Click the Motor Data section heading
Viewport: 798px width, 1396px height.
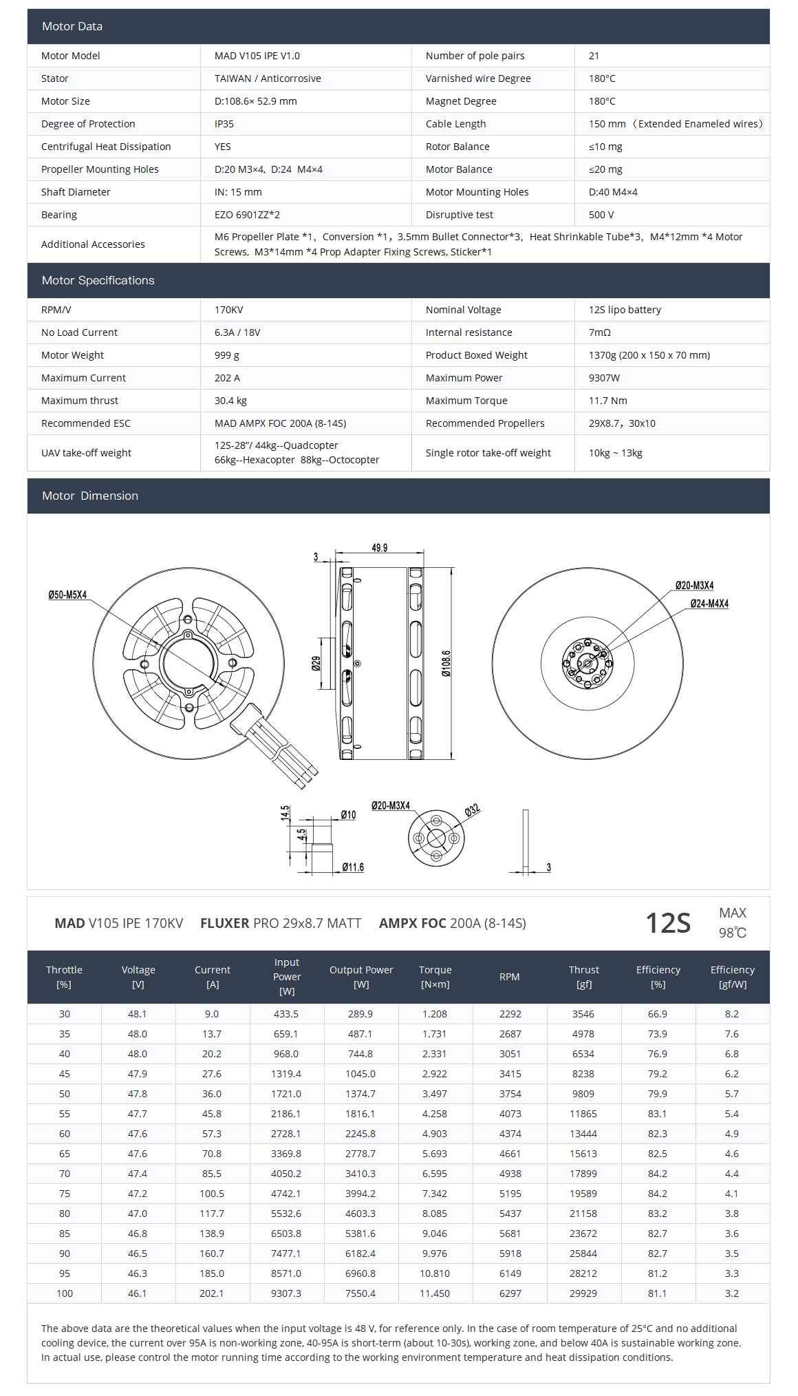click(x=72, y=26)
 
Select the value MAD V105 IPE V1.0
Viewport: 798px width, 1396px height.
click(x=257, y=56)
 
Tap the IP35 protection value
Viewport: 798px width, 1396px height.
click(x=224, y=124)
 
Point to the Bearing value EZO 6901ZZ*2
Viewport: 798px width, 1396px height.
click(x=247, y=215)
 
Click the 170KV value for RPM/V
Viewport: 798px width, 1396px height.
click(x=228, y=310)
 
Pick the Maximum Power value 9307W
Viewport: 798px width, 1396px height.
click(x=604, y=378)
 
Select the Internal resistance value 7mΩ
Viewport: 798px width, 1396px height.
click(x=600, y=332)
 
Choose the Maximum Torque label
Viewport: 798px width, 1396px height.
click(x=466, y=401)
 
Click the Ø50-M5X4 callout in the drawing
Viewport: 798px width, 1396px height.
click(x=67, y=595)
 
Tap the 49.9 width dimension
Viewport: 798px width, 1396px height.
click(x=380, y=548)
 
